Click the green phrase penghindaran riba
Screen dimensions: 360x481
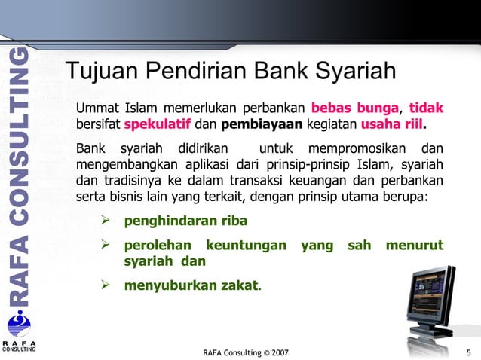185,222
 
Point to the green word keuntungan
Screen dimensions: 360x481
246,245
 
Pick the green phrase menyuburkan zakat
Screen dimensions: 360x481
191,285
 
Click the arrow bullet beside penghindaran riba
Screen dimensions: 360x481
106,222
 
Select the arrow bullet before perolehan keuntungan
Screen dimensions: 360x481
106,245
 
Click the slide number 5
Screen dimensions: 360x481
468,352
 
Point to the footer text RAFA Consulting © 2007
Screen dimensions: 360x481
246,352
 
